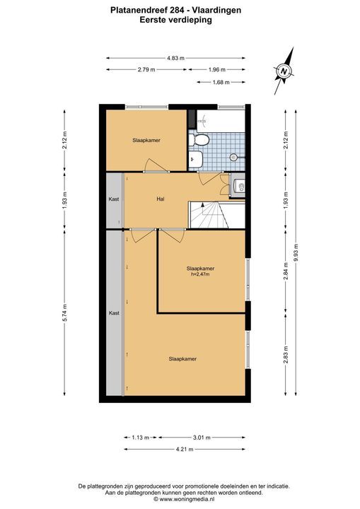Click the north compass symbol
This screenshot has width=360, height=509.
(284, 71)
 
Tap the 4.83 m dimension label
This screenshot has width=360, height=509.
(175, 59)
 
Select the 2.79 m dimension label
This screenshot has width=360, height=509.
(146, 69)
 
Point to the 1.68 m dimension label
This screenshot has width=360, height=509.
(221, 83)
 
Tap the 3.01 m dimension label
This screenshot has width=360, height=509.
(202, 438)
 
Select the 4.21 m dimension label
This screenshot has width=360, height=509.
(185, 450)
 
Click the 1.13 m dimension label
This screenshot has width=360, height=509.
(140, 438)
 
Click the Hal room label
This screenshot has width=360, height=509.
(160, 199)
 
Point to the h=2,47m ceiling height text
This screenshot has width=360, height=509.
(200, 274)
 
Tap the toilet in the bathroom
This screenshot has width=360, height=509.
(199, 140)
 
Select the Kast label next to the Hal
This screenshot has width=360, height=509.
(114, 199)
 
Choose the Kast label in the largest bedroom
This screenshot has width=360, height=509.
(114, 313)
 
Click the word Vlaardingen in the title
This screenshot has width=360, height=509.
(216, 11)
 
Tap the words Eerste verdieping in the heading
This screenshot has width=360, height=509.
(176, 20)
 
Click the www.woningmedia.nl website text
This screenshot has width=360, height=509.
(187, 499)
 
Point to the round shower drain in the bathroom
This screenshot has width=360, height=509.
(233, 158)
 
